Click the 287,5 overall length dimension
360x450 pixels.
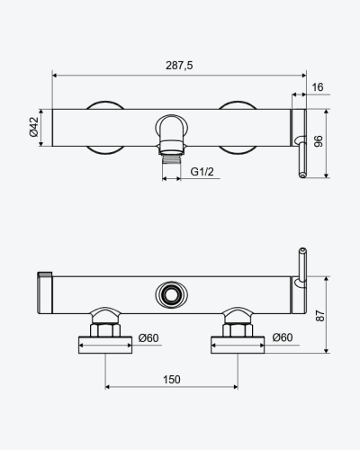pyautogui.click(x=179, y=66)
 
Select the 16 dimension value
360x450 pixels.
pyautogui.click(x=318, y=87)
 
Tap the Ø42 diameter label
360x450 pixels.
pyautogui.click(x=34, y=127)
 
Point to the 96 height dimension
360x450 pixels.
pyautogui.click(x=319, y=141)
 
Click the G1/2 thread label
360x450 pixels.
pyautogui.click(x=202, y=172)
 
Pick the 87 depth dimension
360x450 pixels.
pyautogui.click(x=320, y=316)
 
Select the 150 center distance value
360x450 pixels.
pyautogui.click(x=172, y=380)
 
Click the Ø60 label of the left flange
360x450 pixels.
pyautogui.click(x=148, y=338)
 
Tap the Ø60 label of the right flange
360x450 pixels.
pyautogui.click(x=283, y=337)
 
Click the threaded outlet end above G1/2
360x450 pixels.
pyautogui.click(x=171, y=159)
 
